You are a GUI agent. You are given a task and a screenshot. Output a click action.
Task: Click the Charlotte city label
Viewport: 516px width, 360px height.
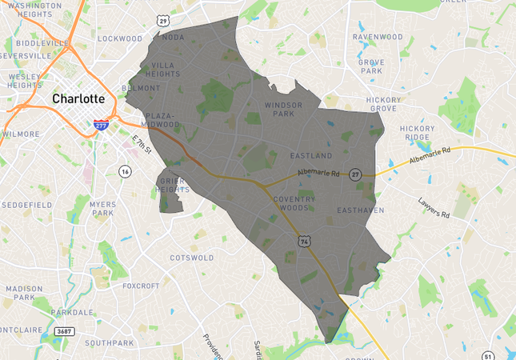(x=78, y=99)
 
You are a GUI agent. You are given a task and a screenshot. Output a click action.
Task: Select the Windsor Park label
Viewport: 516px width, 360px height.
(x=284, y=109)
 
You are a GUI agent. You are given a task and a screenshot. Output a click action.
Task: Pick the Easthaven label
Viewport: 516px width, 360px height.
(x=361, y=210)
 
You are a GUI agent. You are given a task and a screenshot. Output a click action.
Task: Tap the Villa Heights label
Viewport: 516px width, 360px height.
(x=166, y=70)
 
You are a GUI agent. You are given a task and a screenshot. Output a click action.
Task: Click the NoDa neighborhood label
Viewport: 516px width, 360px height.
(x=173, y=37)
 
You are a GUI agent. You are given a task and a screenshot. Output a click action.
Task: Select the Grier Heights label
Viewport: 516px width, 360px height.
(x=173, y=186)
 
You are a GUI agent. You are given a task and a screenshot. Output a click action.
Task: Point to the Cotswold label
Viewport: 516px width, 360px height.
(x=192, y=258)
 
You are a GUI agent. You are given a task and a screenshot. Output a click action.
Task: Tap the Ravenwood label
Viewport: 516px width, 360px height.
(x=378, y=37)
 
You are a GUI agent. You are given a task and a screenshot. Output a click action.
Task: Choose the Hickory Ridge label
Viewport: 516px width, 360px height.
(x=418, y=133)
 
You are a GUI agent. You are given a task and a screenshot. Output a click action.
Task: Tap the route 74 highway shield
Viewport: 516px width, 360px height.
(x=304, y=239)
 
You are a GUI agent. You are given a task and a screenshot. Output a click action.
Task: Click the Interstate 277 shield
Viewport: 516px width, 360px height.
(x=101, y=126)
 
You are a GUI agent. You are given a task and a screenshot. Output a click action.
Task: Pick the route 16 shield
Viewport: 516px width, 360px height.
(x=125, y=171)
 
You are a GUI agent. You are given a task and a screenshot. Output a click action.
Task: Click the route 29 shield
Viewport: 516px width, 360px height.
(x=163, y=19)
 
